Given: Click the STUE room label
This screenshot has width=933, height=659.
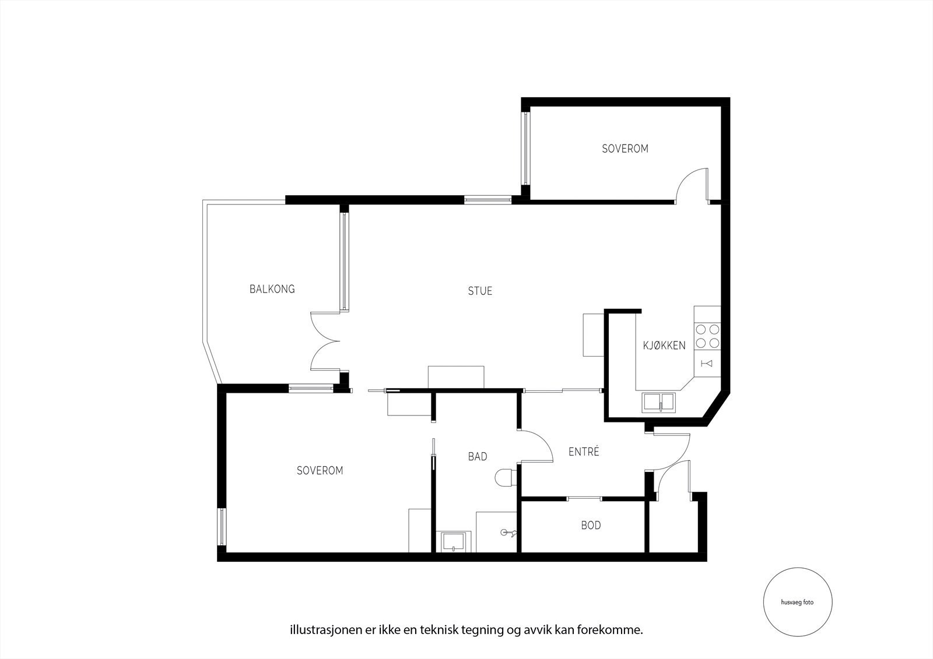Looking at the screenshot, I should [x=480, y=291].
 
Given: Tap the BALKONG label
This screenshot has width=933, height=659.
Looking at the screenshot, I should [x=272, y=289].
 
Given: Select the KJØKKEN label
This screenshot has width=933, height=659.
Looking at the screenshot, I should [x=664, y=345].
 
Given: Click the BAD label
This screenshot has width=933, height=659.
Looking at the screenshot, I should [x=477, y=457].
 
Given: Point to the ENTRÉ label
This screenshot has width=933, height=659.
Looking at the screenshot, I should [x=584, y=452].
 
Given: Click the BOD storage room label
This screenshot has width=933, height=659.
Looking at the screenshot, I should [x=590, y=526].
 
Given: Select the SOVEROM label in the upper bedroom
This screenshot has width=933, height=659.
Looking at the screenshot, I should [x=625, y=149].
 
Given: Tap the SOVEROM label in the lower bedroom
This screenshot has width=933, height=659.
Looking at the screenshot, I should [x=320, y=470].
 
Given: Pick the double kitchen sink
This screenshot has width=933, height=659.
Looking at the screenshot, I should [x=658, y=402].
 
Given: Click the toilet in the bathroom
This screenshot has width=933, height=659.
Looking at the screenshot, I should [x=504, y=478].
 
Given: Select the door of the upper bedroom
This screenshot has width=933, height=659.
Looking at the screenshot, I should [x=692, y=185].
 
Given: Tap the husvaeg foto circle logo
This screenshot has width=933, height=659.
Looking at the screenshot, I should [x=797, y=602].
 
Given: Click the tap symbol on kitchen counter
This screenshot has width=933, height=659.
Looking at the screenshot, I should [x=707, y=364].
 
